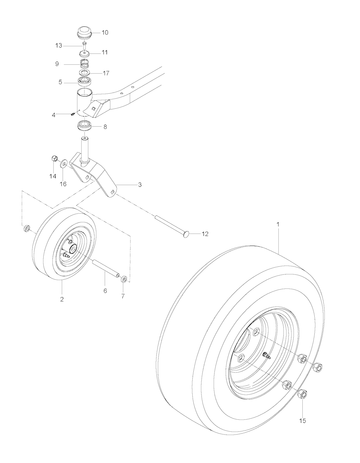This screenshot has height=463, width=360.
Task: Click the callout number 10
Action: [x=105, y=33]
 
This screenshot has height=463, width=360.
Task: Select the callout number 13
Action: [x=59, y=46]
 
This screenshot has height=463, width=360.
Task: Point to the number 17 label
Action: [x=106, y=73]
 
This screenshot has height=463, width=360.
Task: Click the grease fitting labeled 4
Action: [x=72, y=115]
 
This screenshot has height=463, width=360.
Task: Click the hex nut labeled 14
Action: [x=54, y=159]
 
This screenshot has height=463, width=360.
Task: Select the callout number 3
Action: [x=140, y=185]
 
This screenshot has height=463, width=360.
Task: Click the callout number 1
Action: [x=278, y=224]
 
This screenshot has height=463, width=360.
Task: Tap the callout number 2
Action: [x=62, y=299]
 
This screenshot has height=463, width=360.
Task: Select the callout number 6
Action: [x=105, y=291]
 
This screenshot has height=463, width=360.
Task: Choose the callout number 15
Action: [x=302, y=420]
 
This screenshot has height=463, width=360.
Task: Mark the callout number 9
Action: [x=57, y=64]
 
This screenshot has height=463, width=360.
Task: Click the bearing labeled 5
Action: [x=84, y=81]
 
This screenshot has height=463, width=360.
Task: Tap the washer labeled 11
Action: [x=85, y=53]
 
